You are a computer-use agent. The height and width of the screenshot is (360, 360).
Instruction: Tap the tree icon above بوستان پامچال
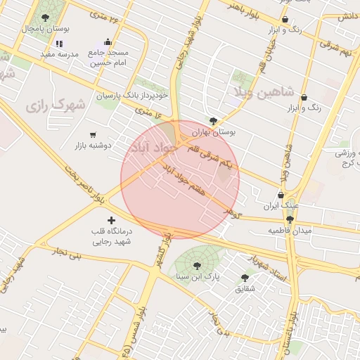click(46, 18)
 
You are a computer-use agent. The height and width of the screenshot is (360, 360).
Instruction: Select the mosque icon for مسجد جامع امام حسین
click(107, 41)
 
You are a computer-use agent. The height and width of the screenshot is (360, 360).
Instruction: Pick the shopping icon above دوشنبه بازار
click(93, 134)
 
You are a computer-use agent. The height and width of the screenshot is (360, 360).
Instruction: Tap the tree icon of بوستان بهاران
click(213, 120)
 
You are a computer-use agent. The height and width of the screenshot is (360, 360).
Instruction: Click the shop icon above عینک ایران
click(281, 195)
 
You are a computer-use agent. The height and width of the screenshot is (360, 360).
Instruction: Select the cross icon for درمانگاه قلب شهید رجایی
click(111, 221)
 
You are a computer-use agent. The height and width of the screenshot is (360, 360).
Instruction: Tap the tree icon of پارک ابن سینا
click(197, 265)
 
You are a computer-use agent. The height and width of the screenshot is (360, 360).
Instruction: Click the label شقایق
click(245, 288)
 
